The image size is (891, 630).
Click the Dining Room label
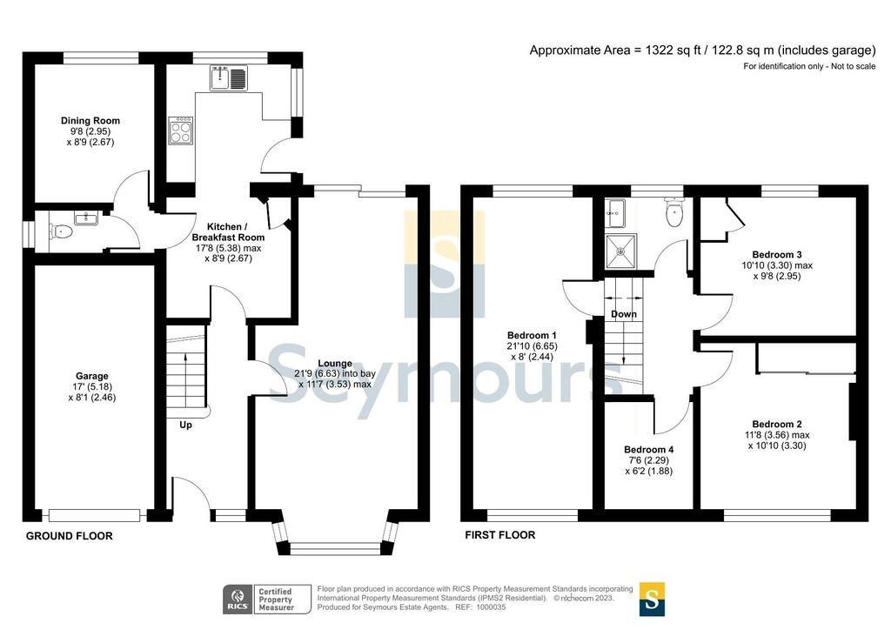click(90, 120)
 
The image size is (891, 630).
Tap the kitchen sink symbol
click(229, 78)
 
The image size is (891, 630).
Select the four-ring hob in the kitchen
click(181, 131)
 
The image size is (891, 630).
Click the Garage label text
click(92, 376)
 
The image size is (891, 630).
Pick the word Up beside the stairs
click(186, 425)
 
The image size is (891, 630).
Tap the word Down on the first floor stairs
click(624, 314)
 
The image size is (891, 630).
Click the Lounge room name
click(335, 363)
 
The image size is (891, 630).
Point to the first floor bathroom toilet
click(674, 212)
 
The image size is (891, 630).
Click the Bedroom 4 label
click(649, 449)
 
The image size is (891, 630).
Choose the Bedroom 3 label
click(777, 254)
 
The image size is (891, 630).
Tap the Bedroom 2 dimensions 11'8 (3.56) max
click(777, 435)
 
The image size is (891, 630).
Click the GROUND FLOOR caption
click(70, 536)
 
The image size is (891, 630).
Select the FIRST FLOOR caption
click(500, 534)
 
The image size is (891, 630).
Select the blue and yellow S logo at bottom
click(652, 600)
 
